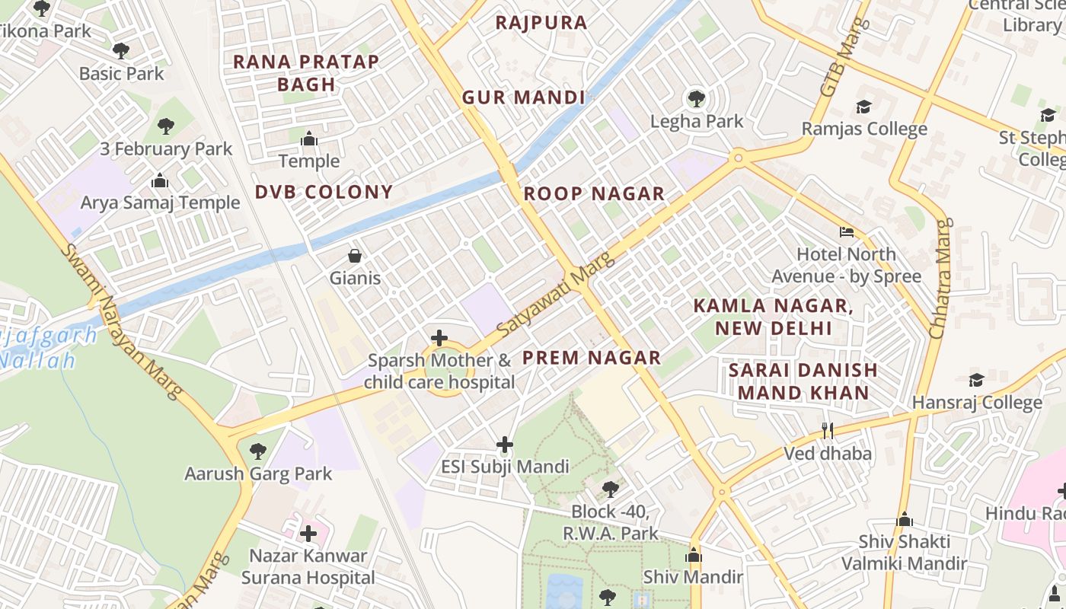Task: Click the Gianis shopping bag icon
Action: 354,256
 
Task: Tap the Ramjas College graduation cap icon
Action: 863,107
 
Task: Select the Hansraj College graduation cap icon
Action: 976,380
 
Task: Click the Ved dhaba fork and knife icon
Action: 828,431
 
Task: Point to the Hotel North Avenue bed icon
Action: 846,231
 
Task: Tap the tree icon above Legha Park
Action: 696,98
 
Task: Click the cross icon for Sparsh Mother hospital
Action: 439,338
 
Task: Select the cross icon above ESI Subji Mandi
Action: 504,445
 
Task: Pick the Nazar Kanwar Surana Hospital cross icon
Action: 308,534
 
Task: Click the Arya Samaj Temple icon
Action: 159,180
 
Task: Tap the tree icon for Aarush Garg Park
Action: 258,451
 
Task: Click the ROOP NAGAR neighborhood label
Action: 594,194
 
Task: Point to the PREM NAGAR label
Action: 591,358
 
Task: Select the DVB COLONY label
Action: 324,192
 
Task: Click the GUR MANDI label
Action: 524,97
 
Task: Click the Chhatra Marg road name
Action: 941,279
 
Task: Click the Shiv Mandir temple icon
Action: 693,556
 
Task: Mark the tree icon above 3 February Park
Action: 166,126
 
